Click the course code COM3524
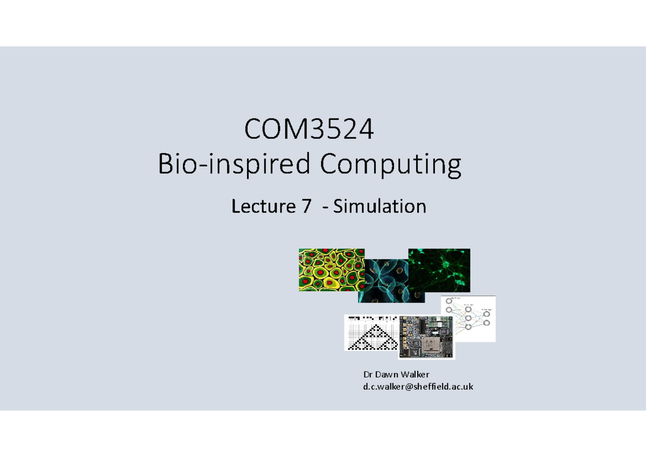coord(309,130)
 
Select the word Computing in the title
coord(391,165)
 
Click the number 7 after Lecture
coord(306,206)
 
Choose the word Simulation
coord(380,206)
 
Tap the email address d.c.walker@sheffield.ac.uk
coord(418,386)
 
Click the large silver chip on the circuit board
coord(430,344)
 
